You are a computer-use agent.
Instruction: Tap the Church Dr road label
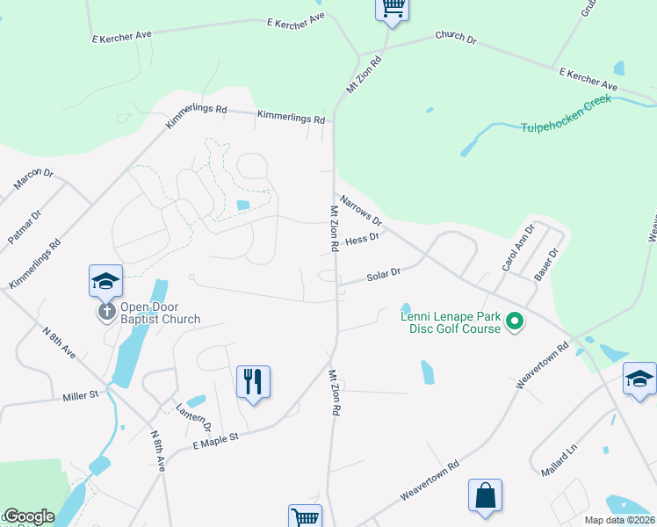click(x=455, y=39)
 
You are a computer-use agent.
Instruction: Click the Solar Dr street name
click(x=383, y=275)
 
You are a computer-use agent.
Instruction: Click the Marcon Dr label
click(x=33, y=179)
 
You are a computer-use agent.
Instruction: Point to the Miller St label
click(x=83, y=397)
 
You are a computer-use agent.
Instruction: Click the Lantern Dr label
click(x=193, y=416)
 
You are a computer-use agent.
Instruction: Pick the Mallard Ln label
click(x=559, y=461)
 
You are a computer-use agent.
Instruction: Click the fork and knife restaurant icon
click(x=253, y=382)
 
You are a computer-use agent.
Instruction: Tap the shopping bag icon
click(x=485, y=495)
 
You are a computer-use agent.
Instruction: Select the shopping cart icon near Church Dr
click(x=393, y=9)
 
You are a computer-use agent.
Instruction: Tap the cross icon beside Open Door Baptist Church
click(x=106, y=312)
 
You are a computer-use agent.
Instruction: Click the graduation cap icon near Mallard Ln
click(x=639, y=379)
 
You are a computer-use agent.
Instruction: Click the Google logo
click(x=29, y=516)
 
